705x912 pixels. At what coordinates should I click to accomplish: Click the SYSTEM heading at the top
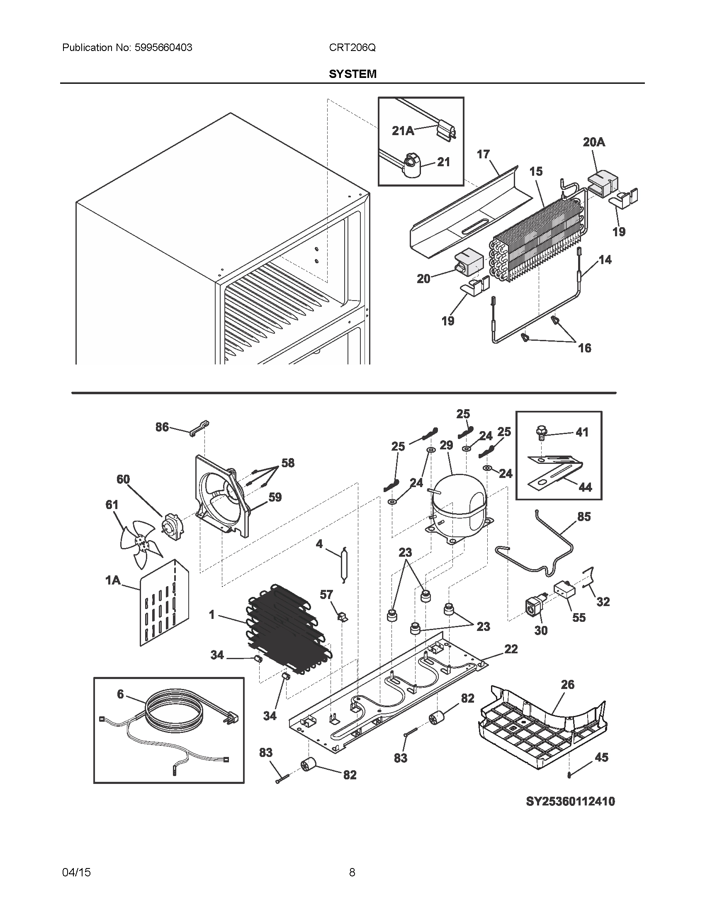pos(352,74)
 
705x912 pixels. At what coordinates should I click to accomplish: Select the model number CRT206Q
pos(352,48)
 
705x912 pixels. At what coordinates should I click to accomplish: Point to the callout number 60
pos(123,479)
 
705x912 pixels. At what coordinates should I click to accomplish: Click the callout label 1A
pos(112,580)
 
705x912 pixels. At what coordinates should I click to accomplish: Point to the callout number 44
pos(585,487)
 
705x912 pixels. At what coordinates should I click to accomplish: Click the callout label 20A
pos(594,142)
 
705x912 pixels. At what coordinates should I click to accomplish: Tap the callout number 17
pos(483,154)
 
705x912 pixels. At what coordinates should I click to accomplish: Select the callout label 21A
pos(403,131)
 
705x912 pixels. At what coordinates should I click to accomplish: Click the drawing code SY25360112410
pos(570,801)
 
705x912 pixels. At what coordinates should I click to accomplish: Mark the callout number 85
pos(584,517)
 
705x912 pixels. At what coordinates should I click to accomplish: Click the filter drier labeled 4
pos(343,564)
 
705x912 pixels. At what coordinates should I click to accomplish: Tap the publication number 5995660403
pos(163,48)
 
